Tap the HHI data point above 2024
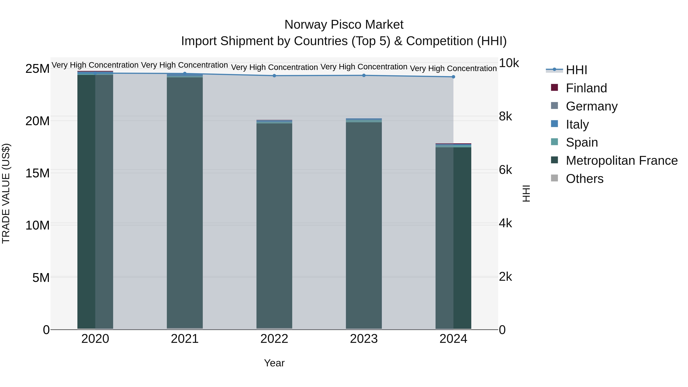click(x=453, y=77)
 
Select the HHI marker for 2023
click(x=364, y=75)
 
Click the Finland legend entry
click(x=586, y=88)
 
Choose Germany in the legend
click(x=591, y=106)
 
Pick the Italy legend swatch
click(x=554, y=124)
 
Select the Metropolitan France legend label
click(x=622, y=161)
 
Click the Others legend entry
click(x=584, y=179)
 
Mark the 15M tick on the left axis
click(x=37, y=173)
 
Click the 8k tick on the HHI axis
click(x=505, y=116)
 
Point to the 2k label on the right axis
click(x=505, y=277)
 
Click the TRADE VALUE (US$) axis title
click(x=6, y=193)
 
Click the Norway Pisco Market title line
click(x=344, y=25)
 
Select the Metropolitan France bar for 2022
click(x=274, y=224)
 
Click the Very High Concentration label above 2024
click(x=453, y=69)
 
